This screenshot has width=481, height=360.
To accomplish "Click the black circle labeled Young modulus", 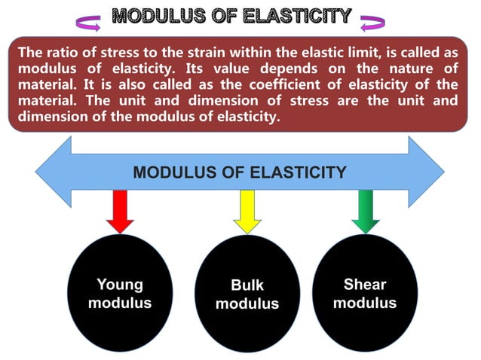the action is [x=120, y=294].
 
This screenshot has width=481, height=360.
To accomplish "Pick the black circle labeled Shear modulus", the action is [x=365, y=294].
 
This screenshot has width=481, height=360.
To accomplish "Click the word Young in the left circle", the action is [x=120, y=285].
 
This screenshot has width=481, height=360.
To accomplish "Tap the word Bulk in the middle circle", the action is [x=247, y=286].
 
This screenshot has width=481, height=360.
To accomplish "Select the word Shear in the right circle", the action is [x=365, y=285].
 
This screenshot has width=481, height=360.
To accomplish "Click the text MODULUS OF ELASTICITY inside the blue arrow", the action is [x=240, y=172].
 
